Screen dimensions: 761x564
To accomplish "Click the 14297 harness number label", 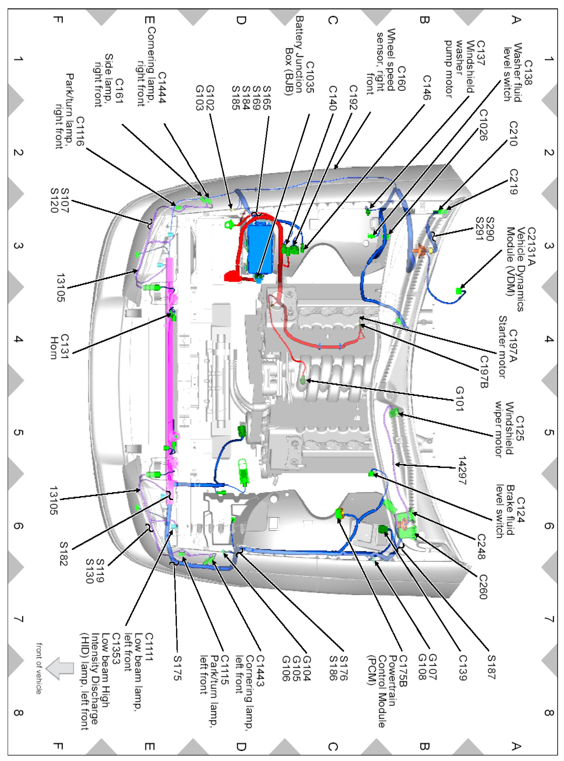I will pyautogui.click(x=462, y=470).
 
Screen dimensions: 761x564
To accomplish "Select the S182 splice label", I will pyautogui.click(x=63, y=553).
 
